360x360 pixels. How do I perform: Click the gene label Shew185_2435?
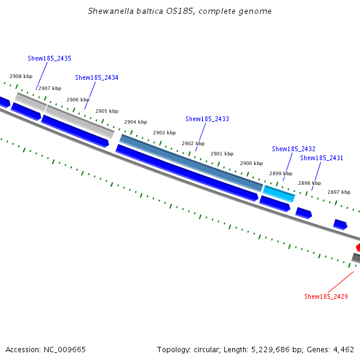(x=49, y=58)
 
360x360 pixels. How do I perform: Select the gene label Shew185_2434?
(x=97, y=77)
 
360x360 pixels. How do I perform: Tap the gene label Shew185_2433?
(x=207, y=119)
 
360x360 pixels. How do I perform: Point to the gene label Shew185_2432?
(x=293, y=149)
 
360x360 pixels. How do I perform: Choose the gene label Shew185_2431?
(x=322, y=158)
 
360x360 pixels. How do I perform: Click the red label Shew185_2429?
(x=326, y=296)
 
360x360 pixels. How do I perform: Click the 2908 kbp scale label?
(x=21, y=76)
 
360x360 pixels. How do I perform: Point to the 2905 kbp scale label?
(x=107, y=111)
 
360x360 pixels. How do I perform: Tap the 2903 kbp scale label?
(x=164, y=133)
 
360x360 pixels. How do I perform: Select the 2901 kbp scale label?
(x=222, y=154)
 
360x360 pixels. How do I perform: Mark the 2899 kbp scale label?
(x=280, y=173)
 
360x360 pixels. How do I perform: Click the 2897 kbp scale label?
(x=338, y=192)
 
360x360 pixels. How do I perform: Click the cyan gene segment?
(x=279, y=193)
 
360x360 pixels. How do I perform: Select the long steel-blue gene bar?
(x=191, y=163)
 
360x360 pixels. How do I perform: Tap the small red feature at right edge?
(x=358, y=247)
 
